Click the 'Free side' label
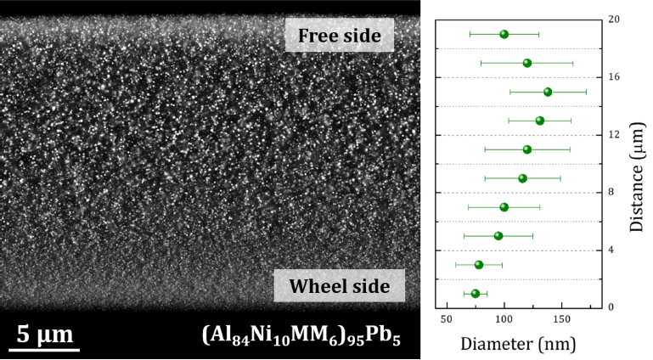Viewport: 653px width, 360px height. click(339, 36)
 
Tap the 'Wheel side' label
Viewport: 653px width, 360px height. click(339, 286)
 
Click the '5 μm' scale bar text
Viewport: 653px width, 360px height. click(44, 334)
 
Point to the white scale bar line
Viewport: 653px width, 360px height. click(44, 348)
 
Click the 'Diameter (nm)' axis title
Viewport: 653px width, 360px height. click(518, 345)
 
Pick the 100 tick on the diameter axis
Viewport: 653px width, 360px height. click(504, 318)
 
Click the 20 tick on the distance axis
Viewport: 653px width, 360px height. click(614, 19)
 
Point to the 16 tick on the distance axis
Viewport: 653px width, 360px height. click(614, 77)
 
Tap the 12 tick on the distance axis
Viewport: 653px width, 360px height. click(614, 135)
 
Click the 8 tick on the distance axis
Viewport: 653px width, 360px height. click(614, 193)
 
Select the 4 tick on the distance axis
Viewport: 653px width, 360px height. click(614, 250)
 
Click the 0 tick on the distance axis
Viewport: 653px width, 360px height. click(614, 307)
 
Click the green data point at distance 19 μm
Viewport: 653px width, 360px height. click(504, 34)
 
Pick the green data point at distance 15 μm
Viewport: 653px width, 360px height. click(548, 92)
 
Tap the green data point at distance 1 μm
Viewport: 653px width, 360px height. click(476, 294)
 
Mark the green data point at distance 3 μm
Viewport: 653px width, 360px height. click(479, 265)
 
